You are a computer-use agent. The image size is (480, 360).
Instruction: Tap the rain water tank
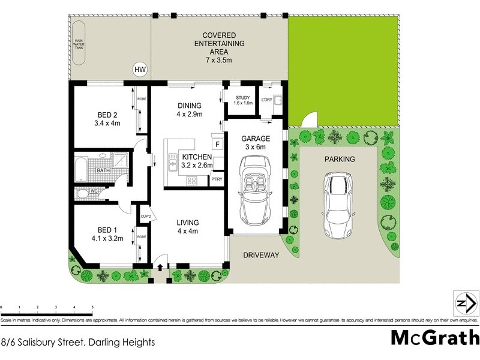(79, 43)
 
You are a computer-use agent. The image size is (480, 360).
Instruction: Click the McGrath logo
(434, 337)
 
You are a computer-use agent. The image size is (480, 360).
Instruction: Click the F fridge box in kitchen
(217, 145)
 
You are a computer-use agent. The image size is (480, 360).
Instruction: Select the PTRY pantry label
(217, 179)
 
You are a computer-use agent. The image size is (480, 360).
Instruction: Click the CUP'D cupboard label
(145, 217)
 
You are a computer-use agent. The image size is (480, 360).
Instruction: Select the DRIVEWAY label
(261, 256)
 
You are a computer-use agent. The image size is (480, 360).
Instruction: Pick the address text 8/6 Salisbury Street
(78, 343)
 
